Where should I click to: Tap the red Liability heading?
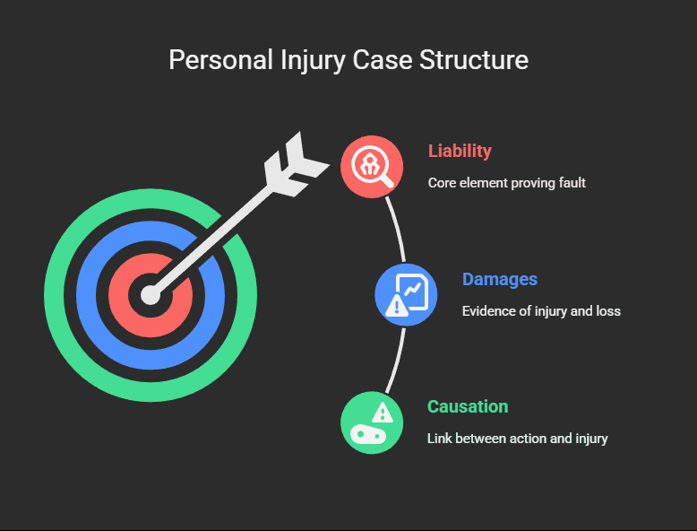pyautogui.click(x=460, y=151)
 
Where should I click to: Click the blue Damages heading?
pyautogui.click(x=500, y=279)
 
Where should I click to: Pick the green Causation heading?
pyautogui.click(x=468, y=406)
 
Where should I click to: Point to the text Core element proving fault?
pyautogui.click(x=506, y=182)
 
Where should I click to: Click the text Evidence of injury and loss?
pyautogui.click(x=541, y=311)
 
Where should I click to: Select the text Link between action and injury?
pyautogui.click(x=518, y=439)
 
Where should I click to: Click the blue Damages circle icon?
pyautogui.click(x=406, y=294)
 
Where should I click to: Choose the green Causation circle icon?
pyautogui.click(x=372, y=422)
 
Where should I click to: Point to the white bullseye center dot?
pyautogui.click(x=151, y=295)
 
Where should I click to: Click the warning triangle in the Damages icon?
pyautogui.click(x=395, y=307)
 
